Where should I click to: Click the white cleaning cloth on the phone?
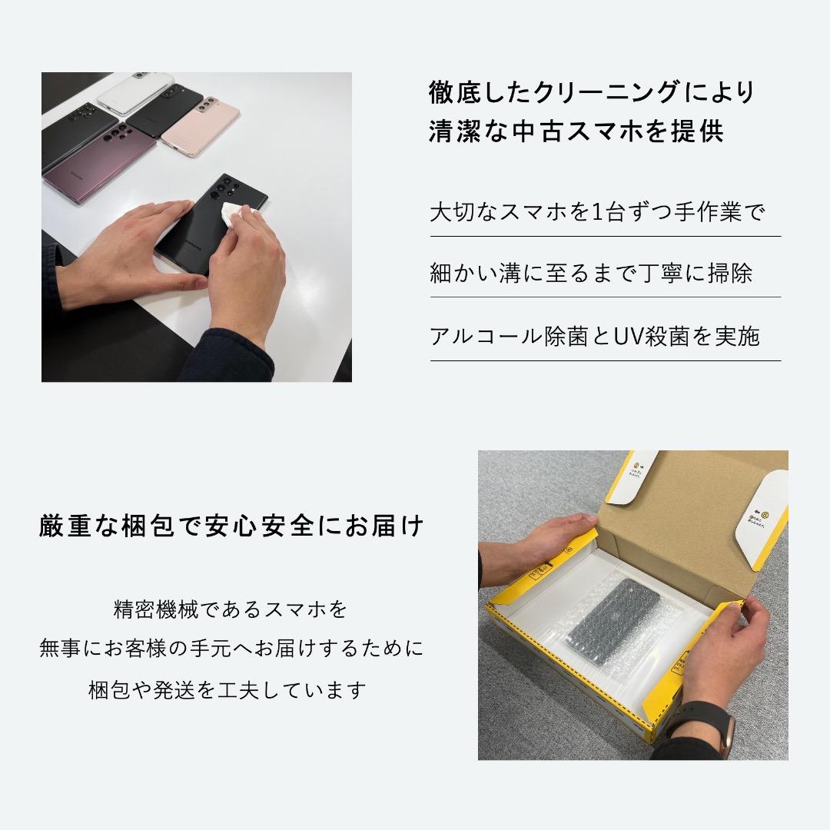234,216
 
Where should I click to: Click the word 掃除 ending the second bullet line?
731,274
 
